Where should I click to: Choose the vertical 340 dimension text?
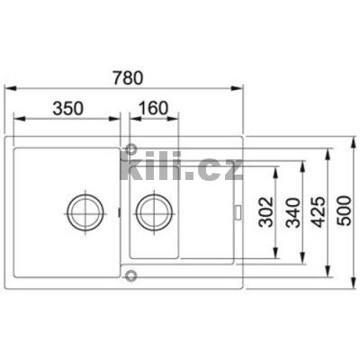tap(291, 214)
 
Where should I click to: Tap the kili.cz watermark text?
tap(181, 167)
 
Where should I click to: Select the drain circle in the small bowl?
tap(151, 213)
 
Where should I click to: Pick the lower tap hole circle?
tap(131, 276)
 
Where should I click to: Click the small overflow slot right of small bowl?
tap(238, 213)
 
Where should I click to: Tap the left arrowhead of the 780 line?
tap(9, 88)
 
